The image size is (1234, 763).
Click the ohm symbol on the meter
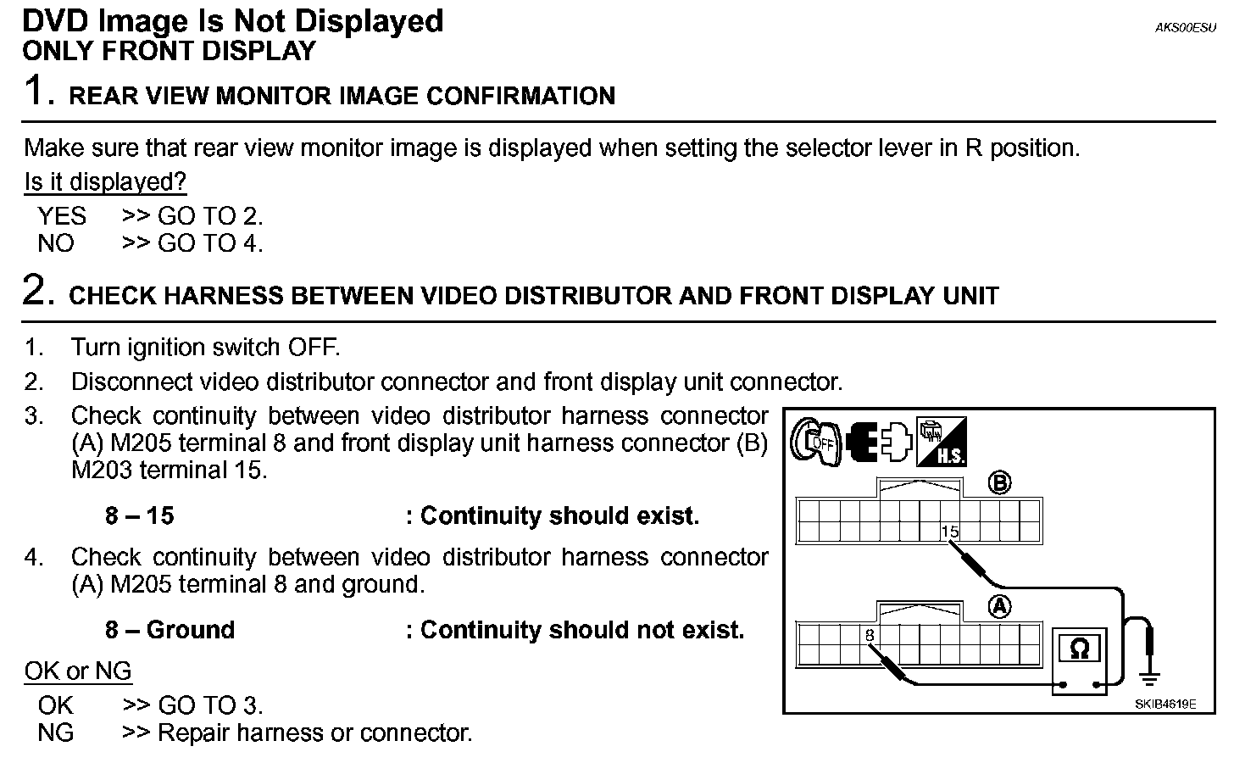click(1079, 649)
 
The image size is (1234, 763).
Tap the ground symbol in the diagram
click(1149, 676)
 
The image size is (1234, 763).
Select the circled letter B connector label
click(1000, 483)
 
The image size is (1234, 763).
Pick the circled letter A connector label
click(1000, 607)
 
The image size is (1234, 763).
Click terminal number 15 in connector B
click(949, 532)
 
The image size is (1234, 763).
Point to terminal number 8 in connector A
click(870, 635)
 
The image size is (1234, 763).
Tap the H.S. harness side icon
click(941, 442)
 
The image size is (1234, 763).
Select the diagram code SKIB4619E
click(1165, 705)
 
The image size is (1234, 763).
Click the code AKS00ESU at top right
click(1185, 27)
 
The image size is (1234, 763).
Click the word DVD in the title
click(57, 20)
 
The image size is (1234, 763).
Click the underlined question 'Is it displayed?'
click(105, 182)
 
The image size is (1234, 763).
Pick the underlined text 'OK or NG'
click(78, 671)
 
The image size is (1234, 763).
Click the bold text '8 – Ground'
click(170, 630)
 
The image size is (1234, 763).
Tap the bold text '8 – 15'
click(139, 515)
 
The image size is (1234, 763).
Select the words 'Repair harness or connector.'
click(314, 732)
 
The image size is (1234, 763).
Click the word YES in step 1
click(61, 215)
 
